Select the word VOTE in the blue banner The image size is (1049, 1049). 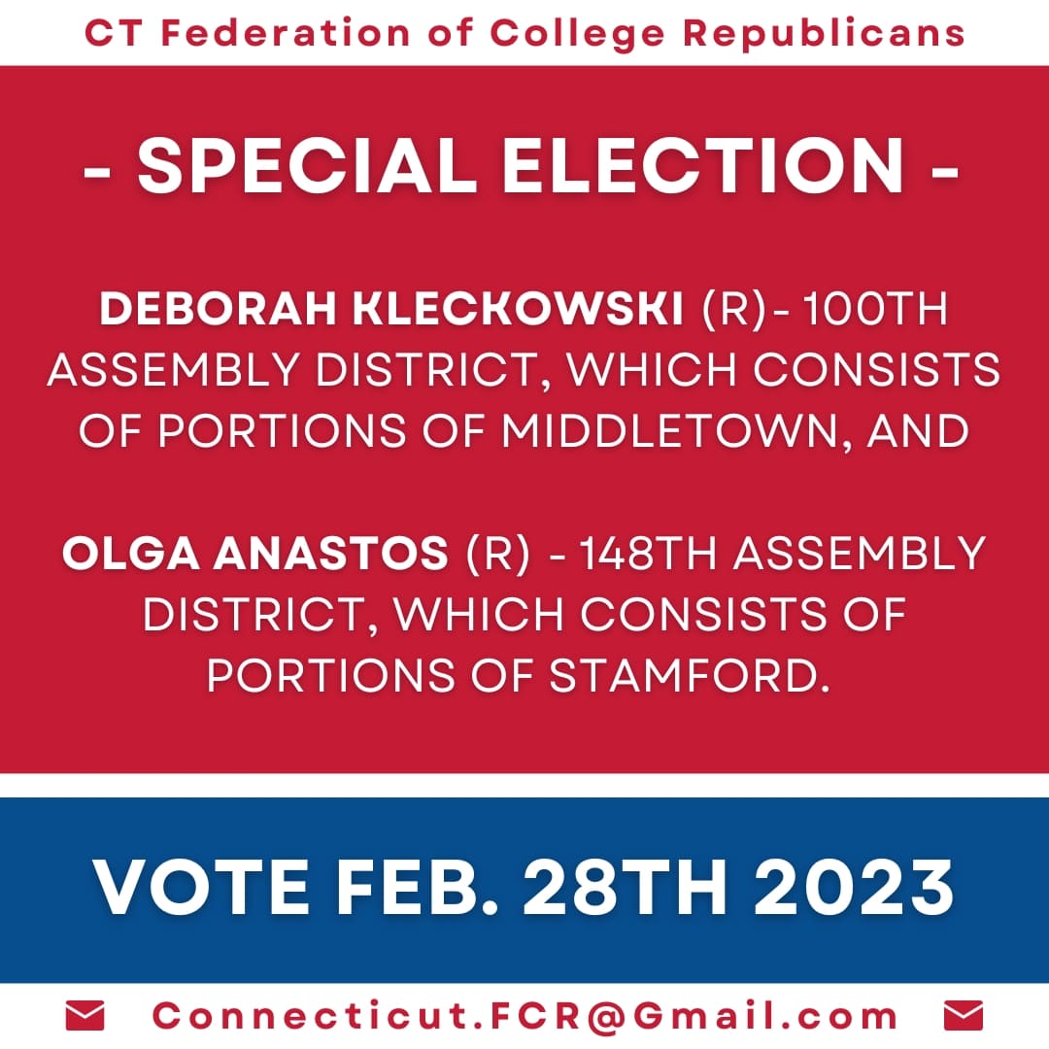point(208,888)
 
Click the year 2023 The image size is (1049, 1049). point(855,888)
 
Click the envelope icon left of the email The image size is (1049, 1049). point(85,1016)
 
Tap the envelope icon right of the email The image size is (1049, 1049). point(963,1016)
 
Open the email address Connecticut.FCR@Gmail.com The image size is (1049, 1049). point(525,1016)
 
